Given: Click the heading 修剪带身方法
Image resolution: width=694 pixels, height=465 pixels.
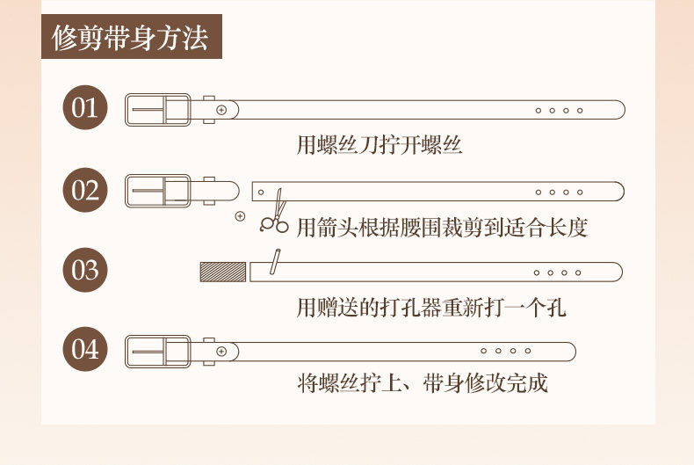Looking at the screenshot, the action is [130, 40].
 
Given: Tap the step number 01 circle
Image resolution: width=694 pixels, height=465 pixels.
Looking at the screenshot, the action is [85, 109].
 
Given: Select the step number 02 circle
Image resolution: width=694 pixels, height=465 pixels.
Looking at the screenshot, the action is [85, 190].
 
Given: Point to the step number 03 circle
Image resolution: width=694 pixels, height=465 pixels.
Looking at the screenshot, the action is [85, 269].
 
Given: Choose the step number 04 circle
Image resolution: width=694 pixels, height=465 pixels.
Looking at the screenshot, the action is [85, 349].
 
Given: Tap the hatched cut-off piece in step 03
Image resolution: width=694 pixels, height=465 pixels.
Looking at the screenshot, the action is [223, 272].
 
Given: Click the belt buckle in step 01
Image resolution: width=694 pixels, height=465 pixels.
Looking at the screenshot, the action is [158, 110].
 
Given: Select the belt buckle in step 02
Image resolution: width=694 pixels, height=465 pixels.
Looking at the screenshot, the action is [158, 191].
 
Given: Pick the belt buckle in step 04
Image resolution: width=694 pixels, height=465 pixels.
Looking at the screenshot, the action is [158, 352].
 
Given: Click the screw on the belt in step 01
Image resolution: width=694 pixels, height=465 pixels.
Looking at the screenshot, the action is [221, 110].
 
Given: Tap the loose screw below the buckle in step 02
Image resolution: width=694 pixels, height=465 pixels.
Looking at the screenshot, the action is [240, 215].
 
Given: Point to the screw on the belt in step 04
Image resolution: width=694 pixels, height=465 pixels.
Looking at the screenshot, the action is [221, 352].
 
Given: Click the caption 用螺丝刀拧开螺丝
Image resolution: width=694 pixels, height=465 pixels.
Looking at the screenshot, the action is [379, 145].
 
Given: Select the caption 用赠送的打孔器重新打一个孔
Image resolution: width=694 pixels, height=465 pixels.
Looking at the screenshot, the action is [431, 307].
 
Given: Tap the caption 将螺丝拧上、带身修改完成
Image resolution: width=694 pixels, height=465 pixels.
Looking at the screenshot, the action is [423, 384].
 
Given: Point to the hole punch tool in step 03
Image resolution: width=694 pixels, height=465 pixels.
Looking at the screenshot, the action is [274, 262].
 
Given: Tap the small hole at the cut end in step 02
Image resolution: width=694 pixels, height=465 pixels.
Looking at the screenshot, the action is [261, 191].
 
